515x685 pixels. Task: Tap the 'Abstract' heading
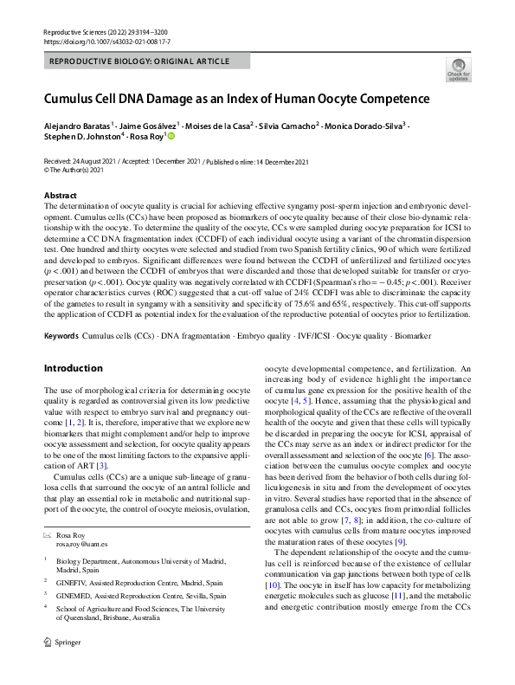click(60, 196)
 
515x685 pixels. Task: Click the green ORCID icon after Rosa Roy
click(171, 136)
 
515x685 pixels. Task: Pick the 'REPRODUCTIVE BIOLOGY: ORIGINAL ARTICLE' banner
click(140, 61)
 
